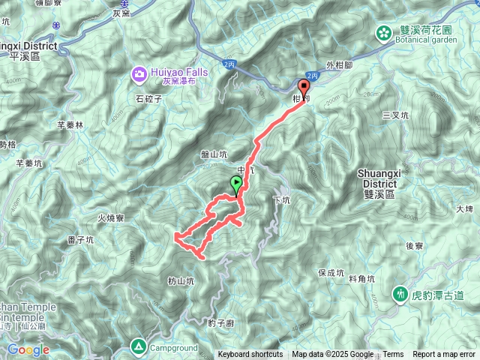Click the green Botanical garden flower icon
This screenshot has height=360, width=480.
[384, 32]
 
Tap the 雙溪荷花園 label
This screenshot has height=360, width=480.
[425, 29]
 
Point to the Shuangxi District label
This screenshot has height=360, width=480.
[379, 178]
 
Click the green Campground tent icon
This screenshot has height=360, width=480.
[139, 346]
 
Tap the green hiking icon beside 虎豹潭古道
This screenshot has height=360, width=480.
[400, 294]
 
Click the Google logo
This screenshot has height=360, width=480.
[28, 349]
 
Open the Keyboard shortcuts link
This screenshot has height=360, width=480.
[250, 355]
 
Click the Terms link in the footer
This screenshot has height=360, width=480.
[393, 355]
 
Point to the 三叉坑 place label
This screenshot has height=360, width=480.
[394, 115]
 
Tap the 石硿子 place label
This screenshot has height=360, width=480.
[149, 97]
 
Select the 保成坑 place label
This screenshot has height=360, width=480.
[331, 273]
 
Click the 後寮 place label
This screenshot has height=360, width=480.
[415, 245]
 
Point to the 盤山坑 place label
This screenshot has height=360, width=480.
[214, 154]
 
